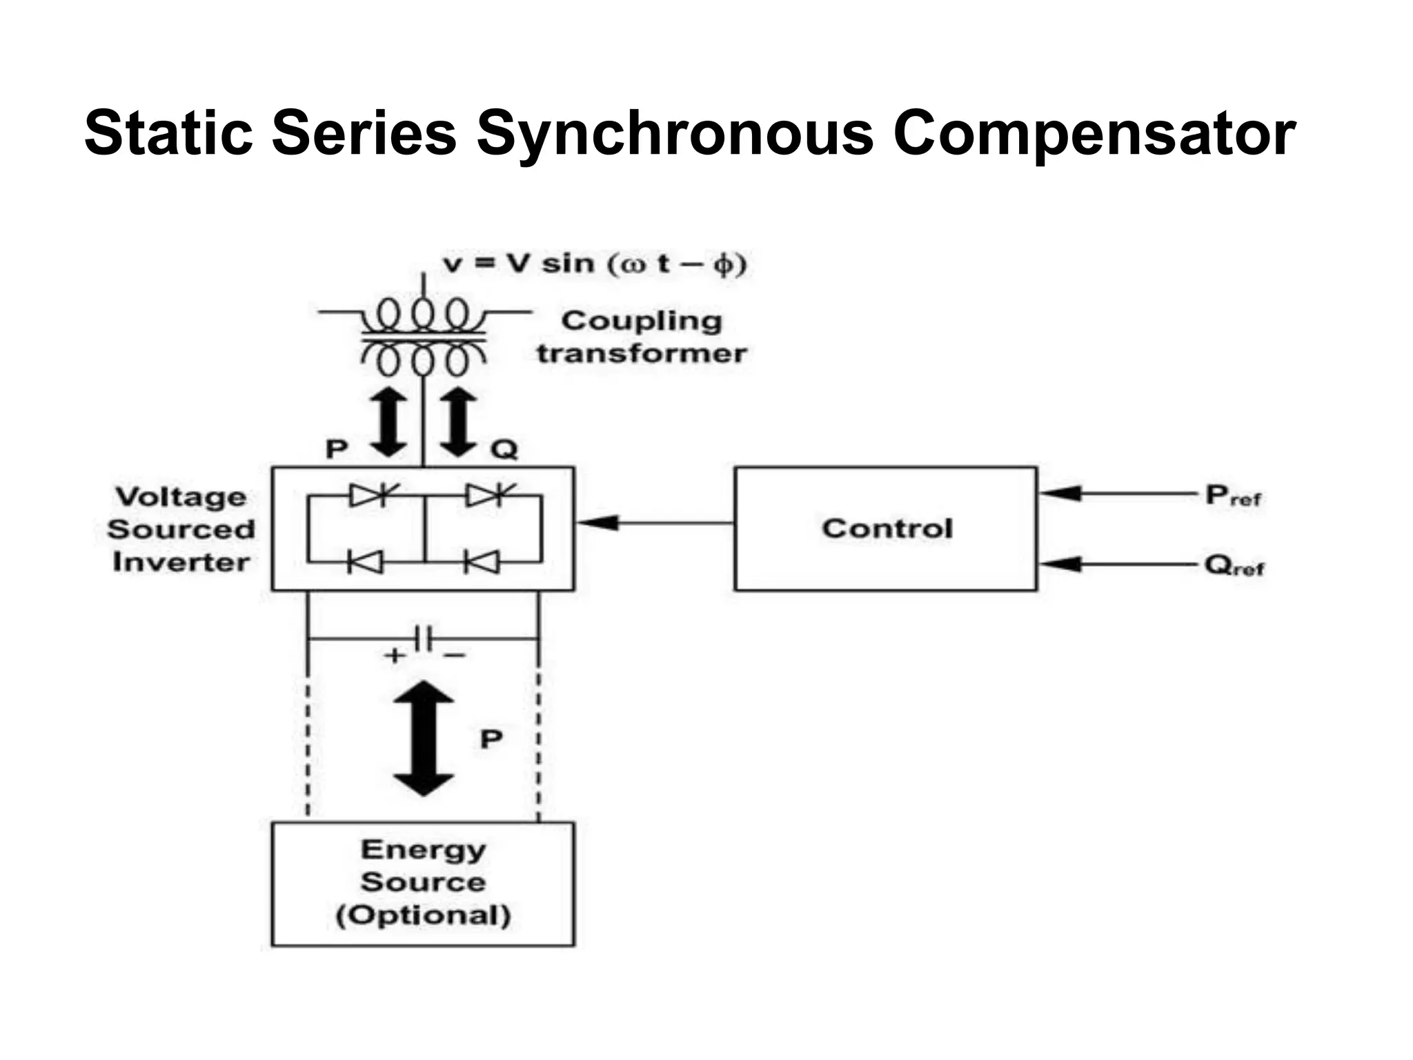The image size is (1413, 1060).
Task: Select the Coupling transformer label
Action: click(x=642, y=337)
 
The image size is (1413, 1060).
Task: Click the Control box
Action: click(x=886, y=529)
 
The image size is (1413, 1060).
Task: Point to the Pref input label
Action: click(x=1233, y=495)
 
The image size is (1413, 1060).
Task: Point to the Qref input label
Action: click(x=1234, y=566)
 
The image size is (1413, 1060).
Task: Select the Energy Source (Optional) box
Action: click(x=423, y=883)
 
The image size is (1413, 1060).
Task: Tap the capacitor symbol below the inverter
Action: click(x=423, y=638)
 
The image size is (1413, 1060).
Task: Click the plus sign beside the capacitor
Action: click(x=395, y=655)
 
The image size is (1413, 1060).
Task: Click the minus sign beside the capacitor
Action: click(x=455, y=655)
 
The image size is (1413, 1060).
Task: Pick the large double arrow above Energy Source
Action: click(x=423, y=738)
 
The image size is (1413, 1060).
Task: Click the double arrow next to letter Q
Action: click(x=459, y=422)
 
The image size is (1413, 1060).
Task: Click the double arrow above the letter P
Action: click(x=390, y=422)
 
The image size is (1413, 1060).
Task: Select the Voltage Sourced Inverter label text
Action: click(x=181, y=529)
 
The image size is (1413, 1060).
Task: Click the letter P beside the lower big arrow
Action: click(x=491, y=739)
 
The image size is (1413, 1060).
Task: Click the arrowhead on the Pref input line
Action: click(x=1059, y=493)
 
